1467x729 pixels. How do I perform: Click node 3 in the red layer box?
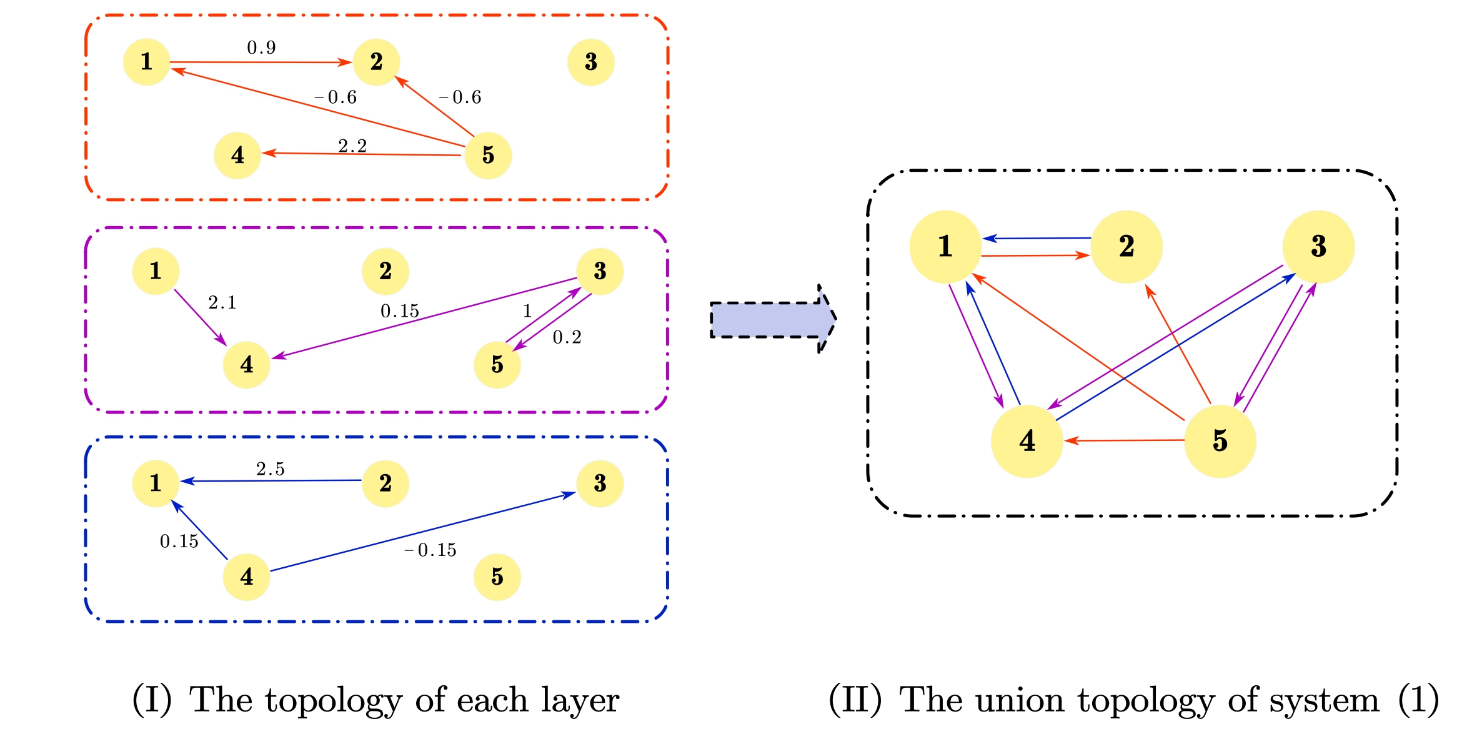click(x=590, y=62)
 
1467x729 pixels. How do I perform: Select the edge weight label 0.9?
click(x=261, y=47)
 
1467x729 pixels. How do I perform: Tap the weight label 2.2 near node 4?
click(x=352, y=146)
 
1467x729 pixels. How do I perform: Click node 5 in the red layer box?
click(x=488, y=155)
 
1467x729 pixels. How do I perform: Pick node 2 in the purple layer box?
click(x=385, y=271)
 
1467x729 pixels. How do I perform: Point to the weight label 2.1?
click(x=222, y=302)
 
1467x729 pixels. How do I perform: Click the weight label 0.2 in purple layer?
click(x=567, y=337)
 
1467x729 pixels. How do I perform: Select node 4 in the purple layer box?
click(x=246, y=364)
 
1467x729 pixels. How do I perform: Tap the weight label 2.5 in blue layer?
click(x=270, y=469)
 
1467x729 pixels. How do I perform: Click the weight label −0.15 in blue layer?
click(x=430, y=550)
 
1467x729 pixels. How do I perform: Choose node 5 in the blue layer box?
click(x=497, y=577)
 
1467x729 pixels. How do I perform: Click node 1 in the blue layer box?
click(x=156, y=483)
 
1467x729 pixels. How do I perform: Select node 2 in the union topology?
click(x=1126, y=247)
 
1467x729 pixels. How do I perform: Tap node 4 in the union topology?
click(x=1027, y=441)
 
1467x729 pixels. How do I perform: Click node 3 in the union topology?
click(x=1318, y=247)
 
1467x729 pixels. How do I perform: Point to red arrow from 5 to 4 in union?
click(x=1125, y=440)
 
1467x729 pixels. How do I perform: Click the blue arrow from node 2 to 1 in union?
click(x=1037, y=238)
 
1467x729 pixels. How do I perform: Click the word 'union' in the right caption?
click(x=1019, y=700)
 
